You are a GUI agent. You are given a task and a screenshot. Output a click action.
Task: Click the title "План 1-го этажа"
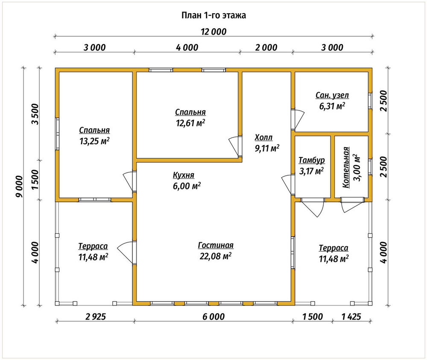(x=213, y=15)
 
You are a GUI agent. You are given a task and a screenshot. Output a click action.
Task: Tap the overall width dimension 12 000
(x=213, y=32)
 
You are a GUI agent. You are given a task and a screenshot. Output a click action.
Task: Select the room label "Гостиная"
(x=216, y=245)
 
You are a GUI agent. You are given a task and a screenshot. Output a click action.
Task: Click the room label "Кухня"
(x=184, y=175)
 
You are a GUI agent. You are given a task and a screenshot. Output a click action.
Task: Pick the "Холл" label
(x=263, y=138)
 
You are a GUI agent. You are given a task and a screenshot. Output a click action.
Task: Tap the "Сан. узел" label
(x=332, y=95)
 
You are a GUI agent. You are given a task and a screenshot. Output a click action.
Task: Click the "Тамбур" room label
(x=312, y=160)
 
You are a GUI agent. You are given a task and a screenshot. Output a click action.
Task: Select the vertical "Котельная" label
(x=346, y=167)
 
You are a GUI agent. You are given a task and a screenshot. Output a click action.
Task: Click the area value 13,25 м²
(x=94, y=141)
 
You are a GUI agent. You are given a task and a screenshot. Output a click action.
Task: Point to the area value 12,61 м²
(x=190, y=123)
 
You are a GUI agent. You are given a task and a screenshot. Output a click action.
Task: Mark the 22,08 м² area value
(x=216, y=256)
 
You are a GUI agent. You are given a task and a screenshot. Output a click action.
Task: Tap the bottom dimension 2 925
(x=95, y=317)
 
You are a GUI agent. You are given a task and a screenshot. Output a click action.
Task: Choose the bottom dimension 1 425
(x=351, y=317)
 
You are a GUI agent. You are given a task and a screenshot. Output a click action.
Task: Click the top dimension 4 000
(x=187, y=48)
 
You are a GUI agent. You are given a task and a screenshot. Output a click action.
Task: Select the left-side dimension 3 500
(x=35, y=114)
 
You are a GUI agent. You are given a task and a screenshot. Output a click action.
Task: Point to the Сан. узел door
(x=297, y=119)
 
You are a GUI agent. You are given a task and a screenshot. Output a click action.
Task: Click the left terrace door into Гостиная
(x=127, y=253)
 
